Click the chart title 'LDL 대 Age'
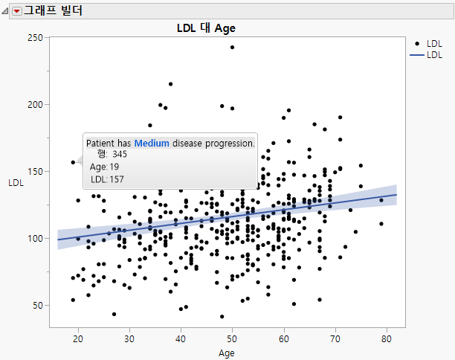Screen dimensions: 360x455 pos(206,28)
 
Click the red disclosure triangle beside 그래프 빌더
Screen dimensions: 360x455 pos(16,11)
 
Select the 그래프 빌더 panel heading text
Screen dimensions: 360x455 pos(53,11)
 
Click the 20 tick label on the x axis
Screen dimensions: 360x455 pos(78,338)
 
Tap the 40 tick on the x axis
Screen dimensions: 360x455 pos(181,338)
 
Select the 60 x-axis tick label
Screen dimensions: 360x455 pos(283,338)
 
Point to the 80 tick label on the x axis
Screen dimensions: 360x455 pos(386,338)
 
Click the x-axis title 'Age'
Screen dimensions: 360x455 pos(227,353)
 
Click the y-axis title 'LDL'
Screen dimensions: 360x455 pos(15,182)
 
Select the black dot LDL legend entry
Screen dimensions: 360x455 pos(429,45)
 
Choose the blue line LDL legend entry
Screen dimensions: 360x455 pos(429,55)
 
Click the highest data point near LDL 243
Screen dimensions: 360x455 pos(232,47)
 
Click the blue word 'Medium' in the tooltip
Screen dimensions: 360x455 pos(152,143)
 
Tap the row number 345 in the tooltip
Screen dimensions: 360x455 pos(120,154)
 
